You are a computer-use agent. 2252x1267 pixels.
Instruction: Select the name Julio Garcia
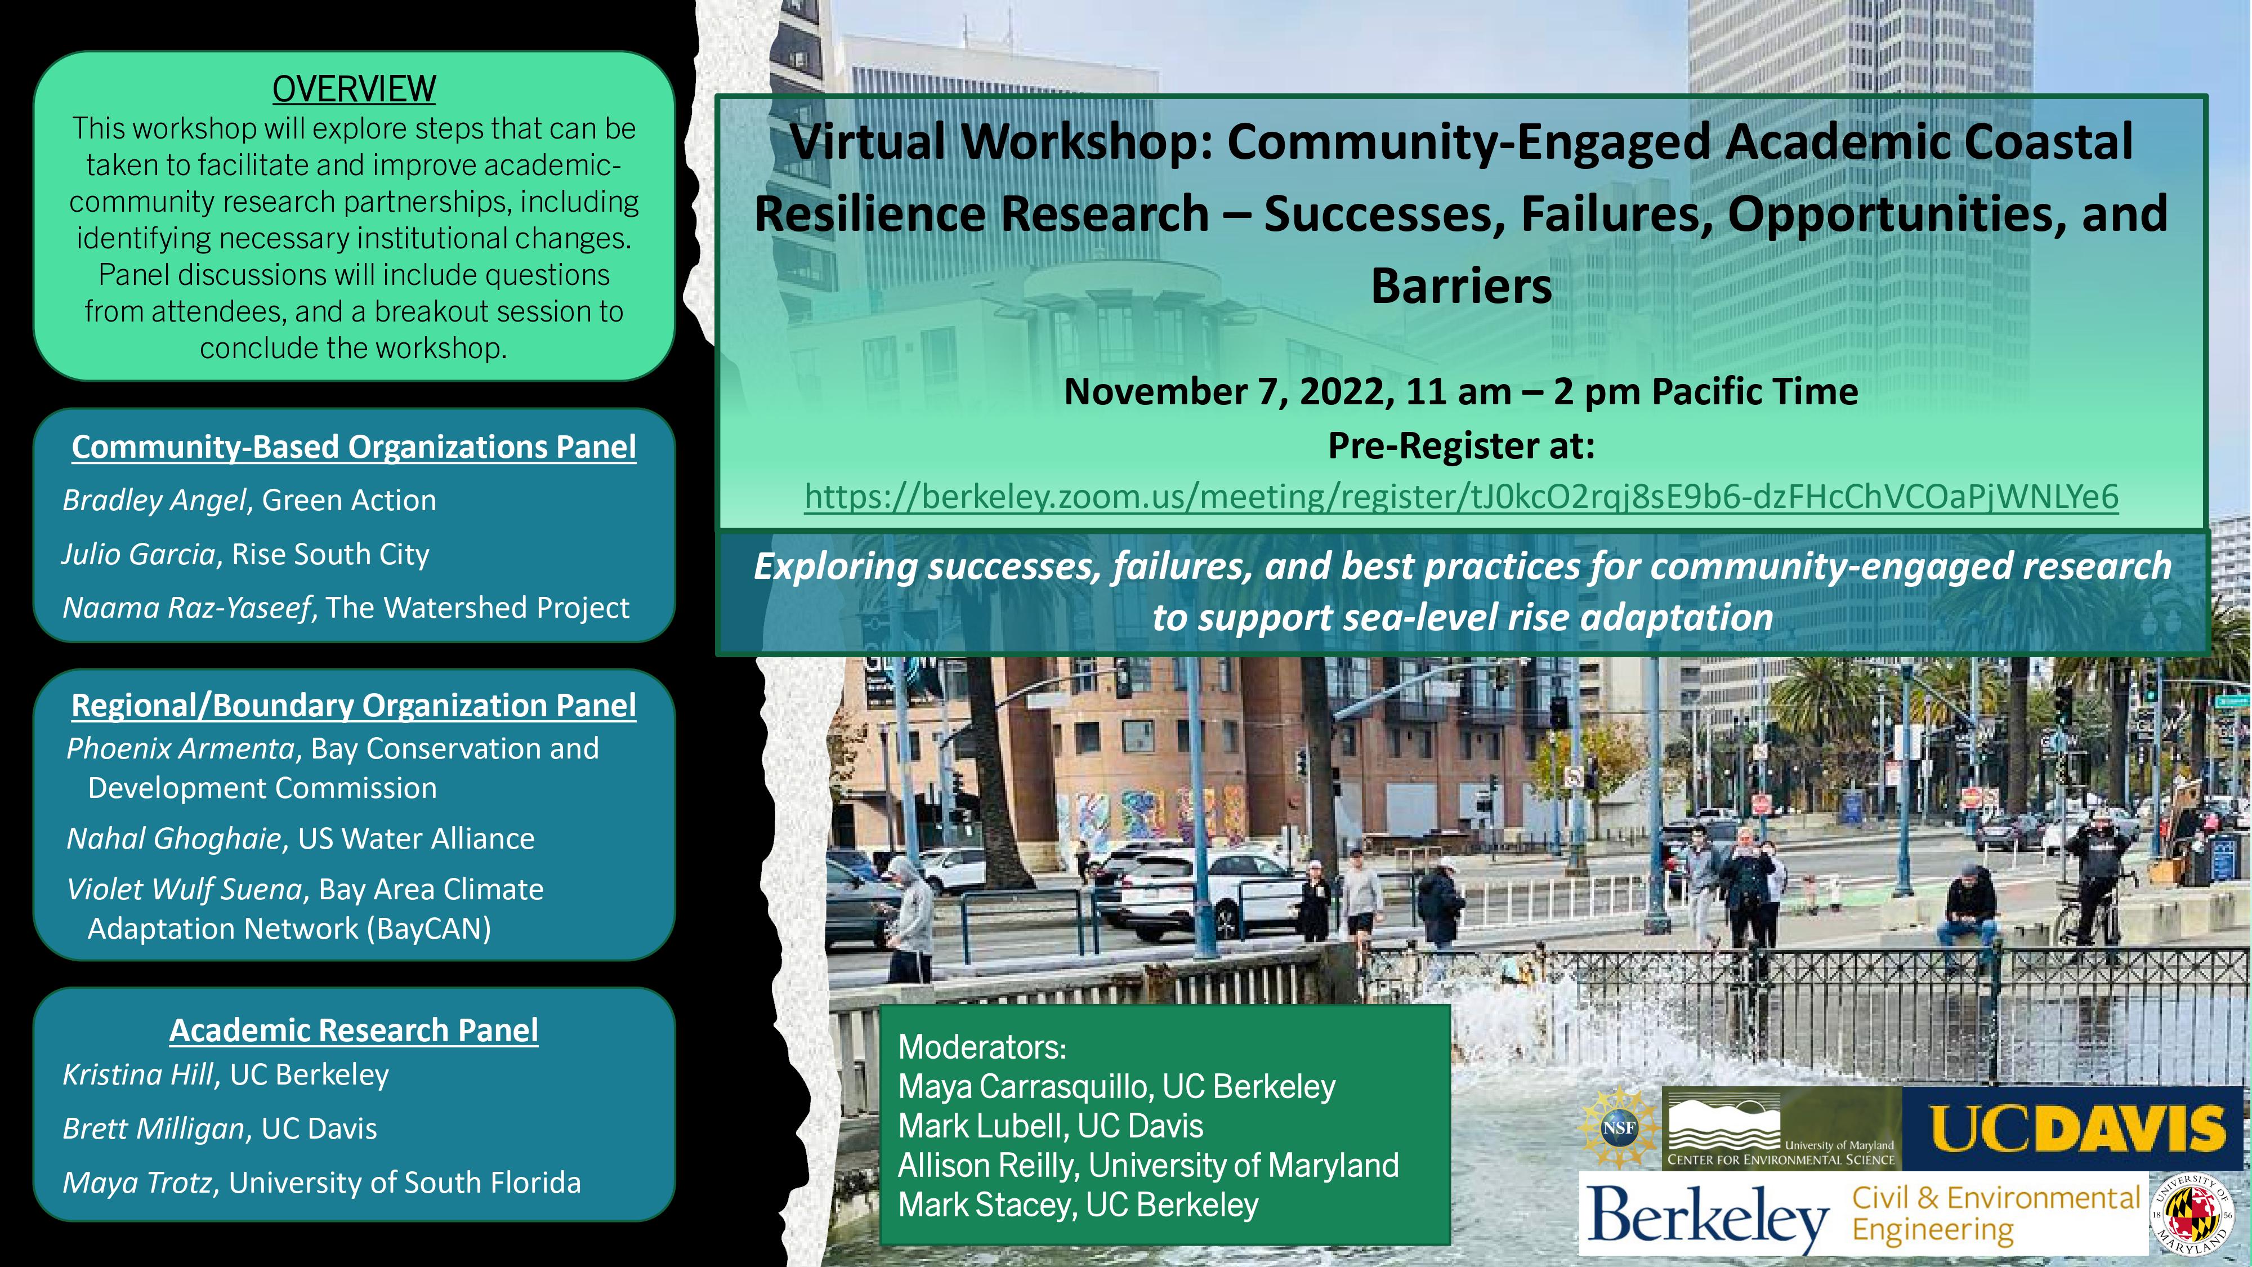click(138, 554)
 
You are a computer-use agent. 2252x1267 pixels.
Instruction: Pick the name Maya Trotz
click(138, 1182)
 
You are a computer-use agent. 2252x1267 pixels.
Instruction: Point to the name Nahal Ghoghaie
click(174, 838)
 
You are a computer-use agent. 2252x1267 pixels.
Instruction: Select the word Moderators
click(980, 1047)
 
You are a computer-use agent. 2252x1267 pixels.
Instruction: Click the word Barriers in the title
click(1461, 286)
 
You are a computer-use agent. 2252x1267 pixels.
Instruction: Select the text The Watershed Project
click(477, 608)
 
